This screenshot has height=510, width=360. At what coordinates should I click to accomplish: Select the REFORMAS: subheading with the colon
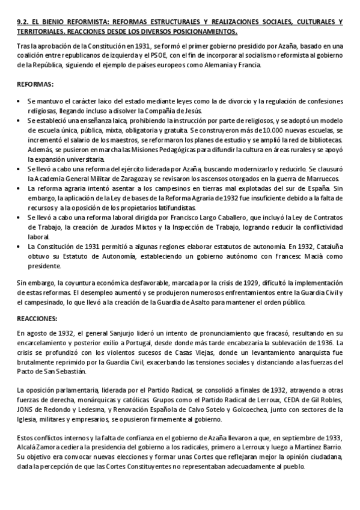click(35, 84)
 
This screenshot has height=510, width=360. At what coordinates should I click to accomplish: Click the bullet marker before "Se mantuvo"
click(20, 102)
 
